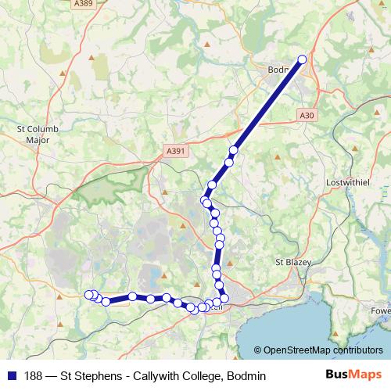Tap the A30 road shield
(x=307, y=115)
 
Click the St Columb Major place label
(x=33, y=134)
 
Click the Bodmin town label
(x=278, y=69)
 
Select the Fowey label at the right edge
(x=382, y=310)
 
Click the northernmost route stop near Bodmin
(x=303, y=59)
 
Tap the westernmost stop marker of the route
(x=88, y=294)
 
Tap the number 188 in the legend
(x=34, y=376)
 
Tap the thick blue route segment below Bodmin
(x=266, y=103)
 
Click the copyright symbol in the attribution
(x=259, y=350)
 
